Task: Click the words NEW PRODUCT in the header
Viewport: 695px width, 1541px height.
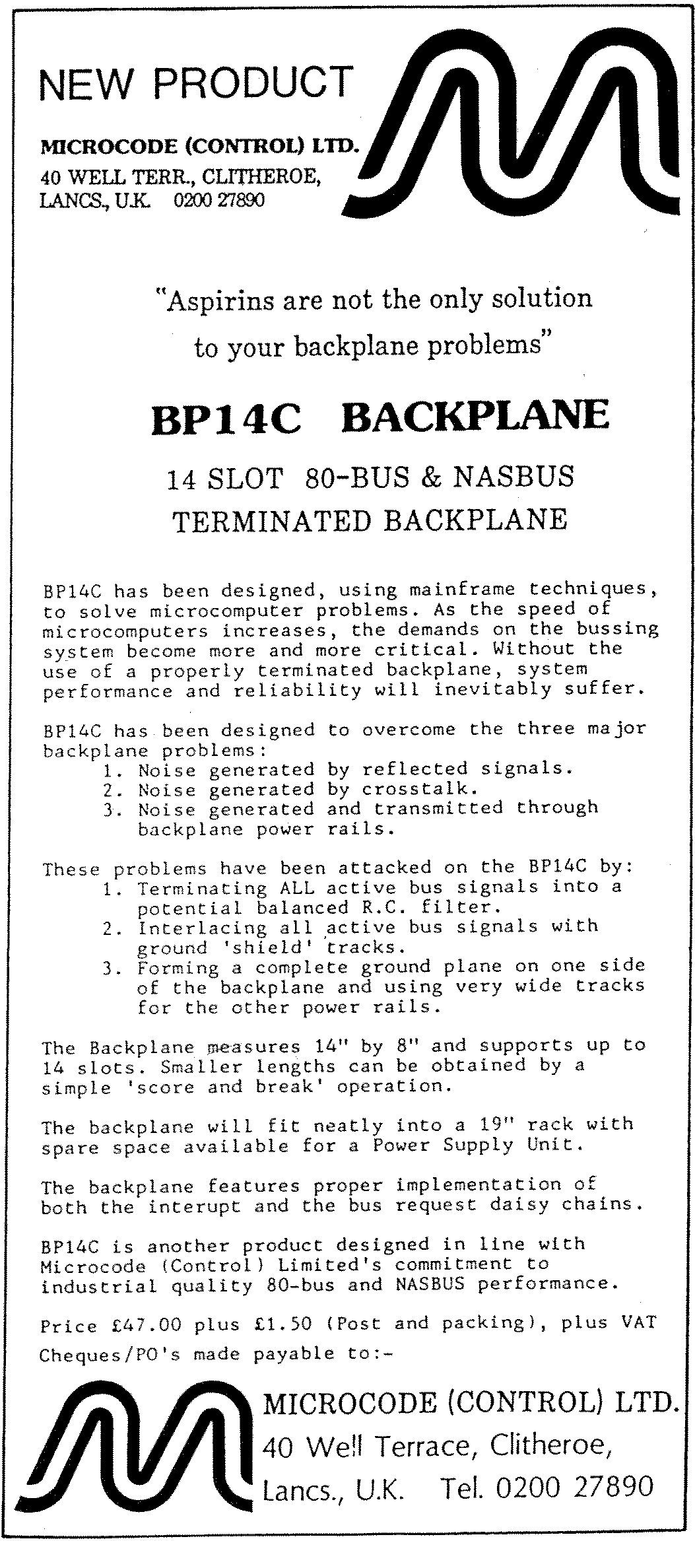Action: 196,84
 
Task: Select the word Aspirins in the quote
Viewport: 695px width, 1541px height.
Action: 218,301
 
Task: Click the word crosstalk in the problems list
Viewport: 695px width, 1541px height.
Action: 419,789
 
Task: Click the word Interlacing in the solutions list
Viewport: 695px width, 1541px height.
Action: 202,928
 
